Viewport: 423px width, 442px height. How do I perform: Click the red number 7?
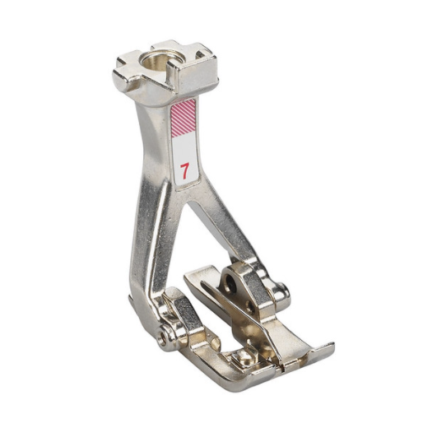tap(184, 171)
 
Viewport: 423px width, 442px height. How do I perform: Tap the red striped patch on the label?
tap(184, 118)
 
